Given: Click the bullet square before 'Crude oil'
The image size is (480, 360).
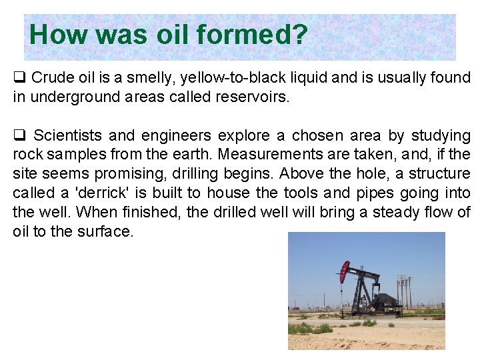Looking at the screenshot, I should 19,78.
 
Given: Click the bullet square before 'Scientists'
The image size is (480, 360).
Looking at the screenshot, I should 19,136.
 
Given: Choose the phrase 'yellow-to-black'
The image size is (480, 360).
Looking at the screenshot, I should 213,78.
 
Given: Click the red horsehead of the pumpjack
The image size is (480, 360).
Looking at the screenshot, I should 344,270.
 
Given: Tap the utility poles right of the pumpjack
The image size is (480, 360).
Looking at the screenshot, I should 403,291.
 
